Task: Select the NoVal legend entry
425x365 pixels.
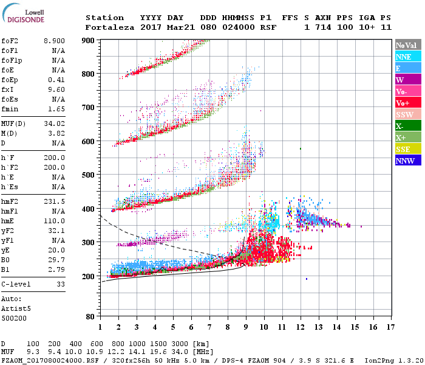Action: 407,45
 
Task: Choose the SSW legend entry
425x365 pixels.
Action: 407,114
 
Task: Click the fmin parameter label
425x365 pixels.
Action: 10,108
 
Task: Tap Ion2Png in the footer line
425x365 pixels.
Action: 381,360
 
